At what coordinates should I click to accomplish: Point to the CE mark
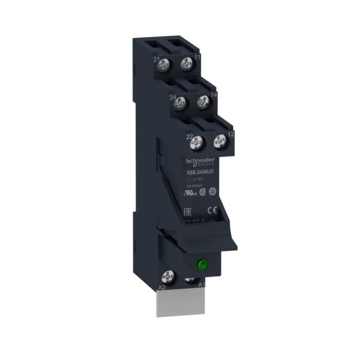click(210, 210)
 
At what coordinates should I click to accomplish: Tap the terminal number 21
click(157, 60)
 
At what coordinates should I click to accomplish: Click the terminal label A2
click(161, 288)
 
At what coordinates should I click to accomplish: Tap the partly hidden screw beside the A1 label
click(190, 280)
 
